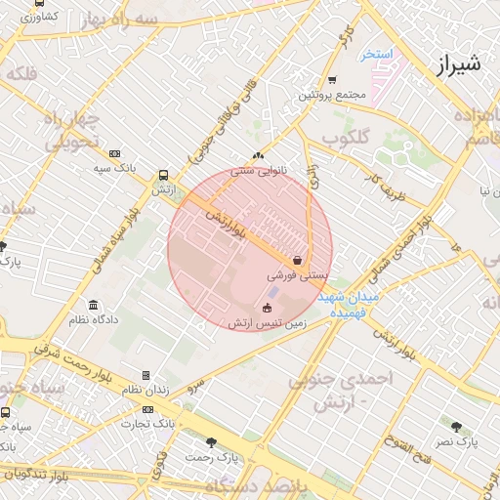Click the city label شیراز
454,67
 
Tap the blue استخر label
377,55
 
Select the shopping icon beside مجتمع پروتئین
332,80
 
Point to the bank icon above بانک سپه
115,153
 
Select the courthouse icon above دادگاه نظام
94,305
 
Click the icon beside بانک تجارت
147,409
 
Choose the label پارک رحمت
214,457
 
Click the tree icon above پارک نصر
457,426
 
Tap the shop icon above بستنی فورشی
297,261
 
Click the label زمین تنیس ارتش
268,322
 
